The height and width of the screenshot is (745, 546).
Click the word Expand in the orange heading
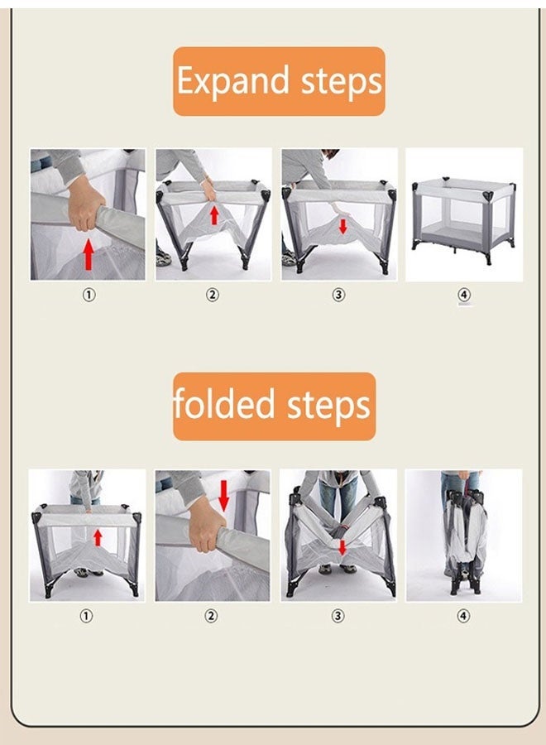point(233,82)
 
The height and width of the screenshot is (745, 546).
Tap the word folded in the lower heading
point(224,404)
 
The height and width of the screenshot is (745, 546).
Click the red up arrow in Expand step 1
point(88,254)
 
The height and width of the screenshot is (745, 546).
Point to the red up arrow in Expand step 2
point(214,215)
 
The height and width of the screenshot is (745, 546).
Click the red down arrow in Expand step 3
point(342,226)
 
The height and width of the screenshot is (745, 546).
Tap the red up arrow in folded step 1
point(98,538)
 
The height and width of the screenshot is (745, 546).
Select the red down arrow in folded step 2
point(224,496)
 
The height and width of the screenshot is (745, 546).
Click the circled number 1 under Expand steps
point(89,295)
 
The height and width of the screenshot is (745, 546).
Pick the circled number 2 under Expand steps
point(213,295)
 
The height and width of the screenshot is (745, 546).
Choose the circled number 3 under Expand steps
point(338,295)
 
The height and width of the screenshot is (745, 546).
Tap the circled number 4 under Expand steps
point(464,295)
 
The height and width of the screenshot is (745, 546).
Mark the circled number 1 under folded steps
point(85,616)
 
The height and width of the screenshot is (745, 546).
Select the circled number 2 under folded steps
point(211,616)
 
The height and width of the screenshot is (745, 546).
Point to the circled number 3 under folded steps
point(337,616)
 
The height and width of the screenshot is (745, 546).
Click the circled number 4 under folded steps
point(463,616)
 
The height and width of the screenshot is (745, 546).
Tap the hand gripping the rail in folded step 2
point(208,526)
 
